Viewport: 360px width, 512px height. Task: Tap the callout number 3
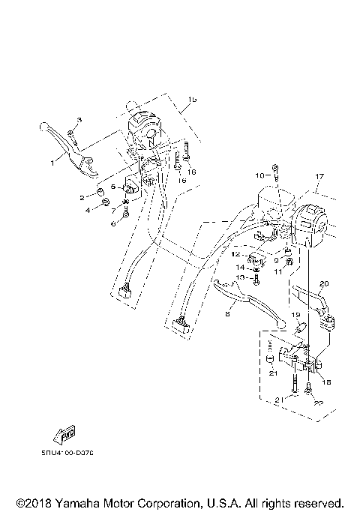click(80, 121)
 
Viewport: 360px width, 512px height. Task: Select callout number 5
click(113, 187)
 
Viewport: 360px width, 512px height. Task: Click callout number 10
click(260, 175)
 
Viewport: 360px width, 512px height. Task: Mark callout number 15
click(192, 100)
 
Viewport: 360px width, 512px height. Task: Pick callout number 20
click(324, 283)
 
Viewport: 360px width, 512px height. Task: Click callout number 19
click(295, 316)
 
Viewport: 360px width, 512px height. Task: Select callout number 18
click(326, 381)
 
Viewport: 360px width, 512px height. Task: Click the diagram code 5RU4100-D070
click(73, 453)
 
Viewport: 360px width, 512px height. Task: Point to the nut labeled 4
click(107, 203)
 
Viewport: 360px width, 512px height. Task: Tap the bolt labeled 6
click(125, 214)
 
